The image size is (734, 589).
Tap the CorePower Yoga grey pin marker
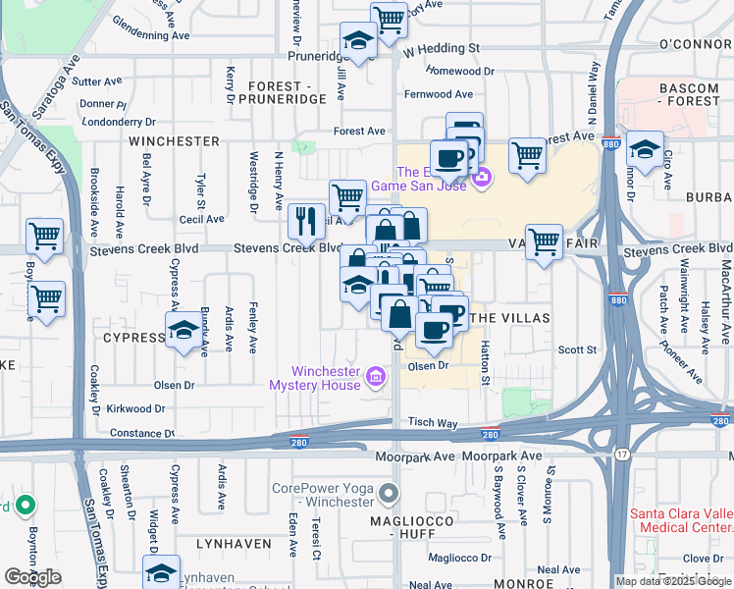pyautogui.click(x=391, y=493)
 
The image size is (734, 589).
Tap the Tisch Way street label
pyautogui.click(x=434, y=422)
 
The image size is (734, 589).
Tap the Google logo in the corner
pyautogui.click(x=32, y=577)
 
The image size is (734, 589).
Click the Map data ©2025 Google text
pyautogui.click(x=673, y=581)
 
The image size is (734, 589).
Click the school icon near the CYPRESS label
pyautogui.click(x=183, y=331)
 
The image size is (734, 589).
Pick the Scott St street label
pyautogui.click(x=577, y=349)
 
